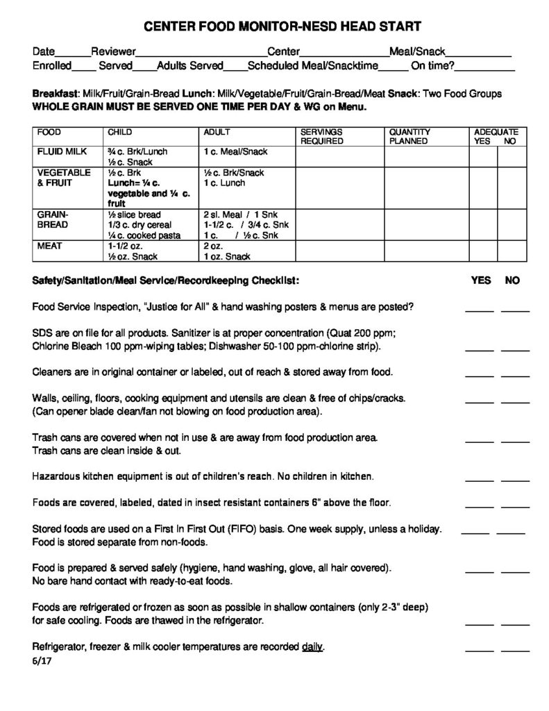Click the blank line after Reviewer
pos(201,53)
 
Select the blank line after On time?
pos(485,67)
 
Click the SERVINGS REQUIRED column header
pos(321,136)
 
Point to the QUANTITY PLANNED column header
pos(409,136)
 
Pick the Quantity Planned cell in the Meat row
pos(427,251)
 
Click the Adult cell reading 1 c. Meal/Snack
pos(236,151)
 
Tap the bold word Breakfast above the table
pos(56,94)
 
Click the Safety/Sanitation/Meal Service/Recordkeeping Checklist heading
pos(166,281)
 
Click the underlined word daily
pos(312,648)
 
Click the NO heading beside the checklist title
pos(512,281)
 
